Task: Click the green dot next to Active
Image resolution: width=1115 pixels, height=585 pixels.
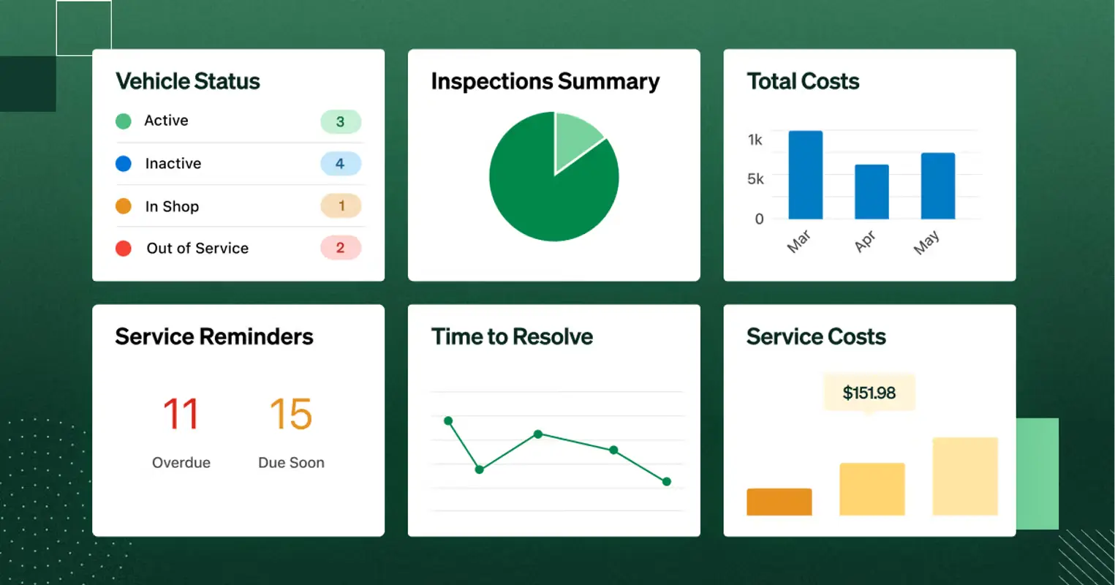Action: [124, 121]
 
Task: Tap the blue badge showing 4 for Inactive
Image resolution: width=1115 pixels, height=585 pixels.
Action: [341, 164]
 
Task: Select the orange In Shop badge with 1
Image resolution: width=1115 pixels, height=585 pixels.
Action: [341, 206]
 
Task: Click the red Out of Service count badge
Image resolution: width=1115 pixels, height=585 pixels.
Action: [341, 248]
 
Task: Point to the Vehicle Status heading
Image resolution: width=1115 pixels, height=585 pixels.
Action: [188, 81]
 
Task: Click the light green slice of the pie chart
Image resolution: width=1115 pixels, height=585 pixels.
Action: [575, 136]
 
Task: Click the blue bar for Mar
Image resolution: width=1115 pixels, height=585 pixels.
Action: [805, 175]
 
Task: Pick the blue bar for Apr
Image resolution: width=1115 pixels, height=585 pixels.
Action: [872, 192]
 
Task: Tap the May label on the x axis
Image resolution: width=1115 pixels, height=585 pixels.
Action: [926, 242]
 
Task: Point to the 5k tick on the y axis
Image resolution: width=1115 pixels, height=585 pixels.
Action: [755, 179]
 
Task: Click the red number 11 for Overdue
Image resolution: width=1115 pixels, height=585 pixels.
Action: [181, 414]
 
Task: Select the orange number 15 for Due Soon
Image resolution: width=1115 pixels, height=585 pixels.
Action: [291, 414]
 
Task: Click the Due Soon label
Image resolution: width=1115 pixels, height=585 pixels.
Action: [291, 463]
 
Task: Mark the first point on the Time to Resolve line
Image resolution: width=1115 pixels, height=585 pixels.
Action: [448, 420]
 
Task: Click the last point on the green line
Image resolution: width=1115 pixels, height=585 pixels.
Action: [666, 481]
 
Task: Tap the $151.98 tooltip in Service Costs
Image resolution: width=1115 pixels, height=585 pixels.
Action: [869, 393]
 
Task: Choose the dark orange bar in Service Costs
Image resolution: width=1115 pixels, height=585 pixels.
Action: [779, 502]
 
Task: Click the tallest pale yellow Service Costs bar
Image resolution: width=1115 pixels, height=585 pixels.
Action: [965, 476]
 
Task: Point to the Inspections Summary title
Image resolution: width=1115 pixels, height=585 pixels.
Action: [545, 81]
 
